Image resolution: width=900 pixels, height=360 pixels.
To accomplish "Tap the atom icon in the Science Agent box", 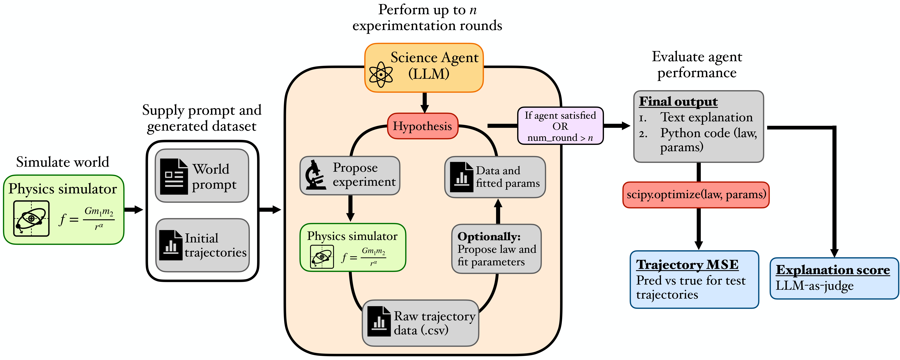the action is pyautogui.click(x=381, y=74).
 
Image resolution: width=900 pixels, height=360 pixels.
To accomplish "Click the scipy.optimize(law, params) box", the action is pyautogui.click(x=696, y=195).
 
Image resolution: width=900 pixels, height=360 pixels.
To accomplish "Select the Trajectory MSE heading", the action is pyautogui.click(x=687, y=265).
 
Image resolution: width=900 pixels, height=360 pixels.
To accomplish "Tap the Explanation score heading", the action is pyautogui.click(x=833, y=270).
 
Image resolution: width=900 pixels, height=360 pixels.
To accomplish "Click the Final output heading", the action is pyautogui.click(x=678, y=101).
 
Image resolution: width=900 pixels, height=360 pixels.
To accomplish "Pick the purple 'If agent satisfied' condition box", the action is pyautogui.click(x=560, y=126).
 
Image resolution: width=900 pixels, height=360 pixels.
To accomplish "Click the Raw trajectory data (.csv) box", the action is pyautogui.click(x=420, y=323).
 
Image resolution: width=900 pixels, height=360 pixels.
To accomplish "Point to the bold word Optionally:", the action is pyautogui.click(x=489, y=237).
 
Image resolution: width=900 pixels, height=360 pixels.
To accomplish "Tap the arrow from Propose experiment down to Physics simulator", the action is pyautogui.click(x=350, y=208).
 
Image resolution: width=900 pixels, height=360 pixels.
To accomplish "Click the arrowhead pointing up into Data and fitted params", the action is pyautogui.click(x=498, y=204).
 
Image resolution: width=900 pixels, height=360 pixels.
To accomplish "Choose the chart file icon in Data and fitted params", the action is pyautogui.click(x=462, y=177).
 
